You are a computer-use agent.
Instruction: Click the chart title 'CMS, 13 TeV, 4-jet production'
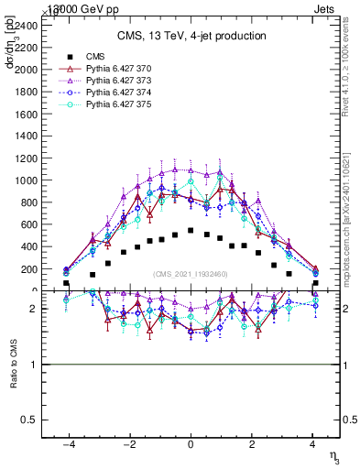tap(191, 36)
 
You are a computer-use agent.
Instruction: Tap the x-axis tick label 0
tap(191, 443)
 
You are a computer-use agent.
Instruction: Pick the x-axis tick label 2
tap(252, 443)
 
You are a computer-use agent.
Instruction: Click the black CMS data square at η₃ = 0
tap(191, 231)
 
